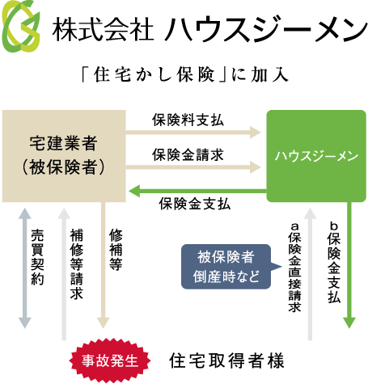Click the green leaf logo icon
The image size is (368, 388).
click(x=21, y=26)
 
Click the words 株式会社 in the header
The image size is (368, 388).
click(x=103, y=29)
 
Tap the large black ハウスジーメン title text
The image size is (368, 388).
click(x=266, y=29)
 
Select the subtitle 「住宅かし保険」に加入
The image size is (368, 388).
click(x=184, y=74)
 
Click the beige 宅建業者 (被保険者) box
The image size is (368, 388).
click(x=64, y=156)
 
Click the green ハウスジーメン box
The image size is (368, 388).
click(x=316, y=156)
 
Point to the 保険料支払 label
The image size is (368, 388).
click(x=188, y=120)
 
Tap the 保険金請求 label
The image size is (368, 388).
click(x=188, y=155)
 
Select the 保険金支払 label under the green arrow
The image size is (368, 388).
click(x=195, y=204)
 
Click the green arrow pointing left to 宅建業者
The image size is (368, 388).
click(x=197, y=191)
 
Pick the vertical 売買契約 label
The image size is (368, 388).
click(x=37, y=257)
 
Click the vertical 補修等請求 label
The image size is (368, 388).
click(x=76, y=264)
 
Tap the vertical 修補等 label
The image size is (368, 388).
click(x=116, y=250)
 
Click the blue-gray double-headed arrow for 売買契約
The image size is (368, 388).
click(x=25, y=268)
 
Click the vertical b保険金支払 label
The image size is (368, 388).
click(x=334, y=263)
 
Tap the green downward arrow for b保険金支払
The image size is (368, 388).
click(x=349, y=265)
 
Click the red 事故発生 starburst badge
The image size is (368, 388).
click(x=110, y=361)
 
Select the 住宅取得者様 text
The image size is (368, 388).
click(x=226, y=361)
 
